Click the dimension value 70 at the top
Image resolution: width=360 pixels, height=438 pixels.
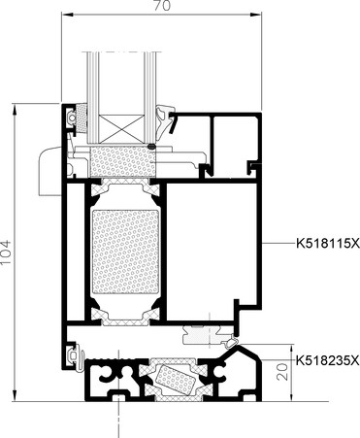(x=162, y=5)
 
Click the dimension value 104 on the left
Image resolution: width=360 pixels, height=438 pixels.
(x=6, y=252)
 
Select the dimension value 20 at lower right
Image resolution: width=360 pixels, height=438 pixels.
(x=282, y=371)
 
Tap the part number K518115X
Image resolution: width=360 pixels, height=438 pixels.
(x=328, y=243)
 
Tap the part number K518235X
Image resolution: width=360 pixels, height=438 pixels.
(x=328, y=360)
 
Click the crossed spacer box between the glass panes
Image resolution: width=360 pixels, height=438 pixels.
(x=120, y=129)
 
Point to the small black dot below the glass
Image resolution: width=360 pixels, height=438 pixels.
(x=151, y=147)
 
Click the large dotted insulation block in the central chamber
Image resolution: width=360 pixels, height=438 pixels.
(x=125, y=252)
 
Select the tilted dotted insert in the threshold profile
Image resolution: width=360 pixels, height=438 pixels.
(x=174, y=378)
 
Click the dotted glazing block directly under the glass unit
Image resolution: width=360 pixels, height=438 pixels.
(x=122, y=161)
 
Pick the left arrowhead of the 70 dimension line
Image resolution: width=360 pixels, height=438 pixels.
(x=66, y=14)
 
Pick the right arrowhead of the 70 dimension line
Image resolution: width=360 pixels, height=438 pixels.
(x=257, y=14)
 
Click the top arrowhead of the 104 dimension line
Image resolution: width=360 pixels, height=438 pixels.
(x=15, y=109)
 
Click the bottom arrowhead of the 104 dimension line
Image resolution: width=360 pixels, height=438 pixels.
(x=15, y=396)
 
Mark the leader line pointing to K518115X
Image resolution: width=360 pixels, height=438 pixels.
(x=278, y=243)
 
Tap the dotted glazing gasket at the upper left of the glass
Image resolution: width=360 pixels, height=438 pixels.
(x=81, y=118)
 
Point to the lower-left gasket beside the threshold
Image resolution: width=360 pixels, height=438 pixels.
(x=75, y=356)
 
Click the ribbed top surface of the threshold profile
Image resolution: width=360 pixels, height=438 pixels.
(x=114, y=359)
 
